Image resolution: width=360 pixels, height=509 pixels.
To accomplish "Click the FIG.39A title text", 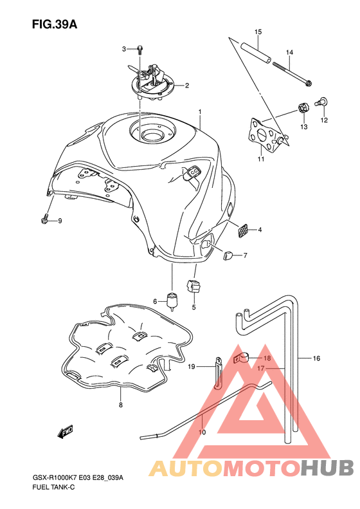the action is tap(55, 24).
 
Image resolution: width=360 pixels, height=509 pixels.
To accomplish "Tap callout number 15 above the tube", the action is tap(258, 32).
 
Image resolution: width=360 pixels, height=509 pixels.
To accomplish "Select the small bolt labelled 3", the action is tap(139, 50).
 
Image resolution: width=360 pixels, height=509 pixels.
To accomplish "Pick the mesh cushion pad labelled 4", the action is tap(243, 230).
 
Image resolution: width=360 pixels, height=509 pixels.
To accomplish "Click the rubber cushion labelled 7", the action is tap(228, 255).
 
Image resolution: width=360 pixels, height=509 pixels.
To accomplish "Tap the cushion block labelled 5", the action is tap(194, 286).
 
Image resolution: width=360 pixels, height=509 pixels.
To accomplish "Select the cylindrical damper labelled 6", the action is tap(172, 301).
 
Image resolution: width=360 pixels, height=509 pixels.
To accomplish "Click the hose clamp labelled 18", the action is tap(242, 358).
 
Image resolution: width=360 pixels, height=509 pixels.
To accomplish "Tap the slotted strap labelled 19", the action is tap(218, 372).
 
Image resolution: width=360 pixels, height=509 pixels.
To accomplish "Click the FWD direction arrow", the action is tap(65, 432).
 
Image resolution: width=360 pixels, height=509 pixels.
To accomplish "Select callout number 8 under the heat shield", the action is tap(121, 405).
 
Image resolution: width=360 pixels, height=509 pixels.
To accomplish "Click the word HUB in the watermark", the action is tap(327, 468).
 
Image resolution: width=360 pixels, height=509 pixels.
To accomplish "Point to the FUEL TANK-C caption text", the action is tap(53, 487).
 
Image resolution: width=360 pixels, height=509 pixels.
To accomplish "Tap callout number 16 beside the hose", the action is tap(316, 358).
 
